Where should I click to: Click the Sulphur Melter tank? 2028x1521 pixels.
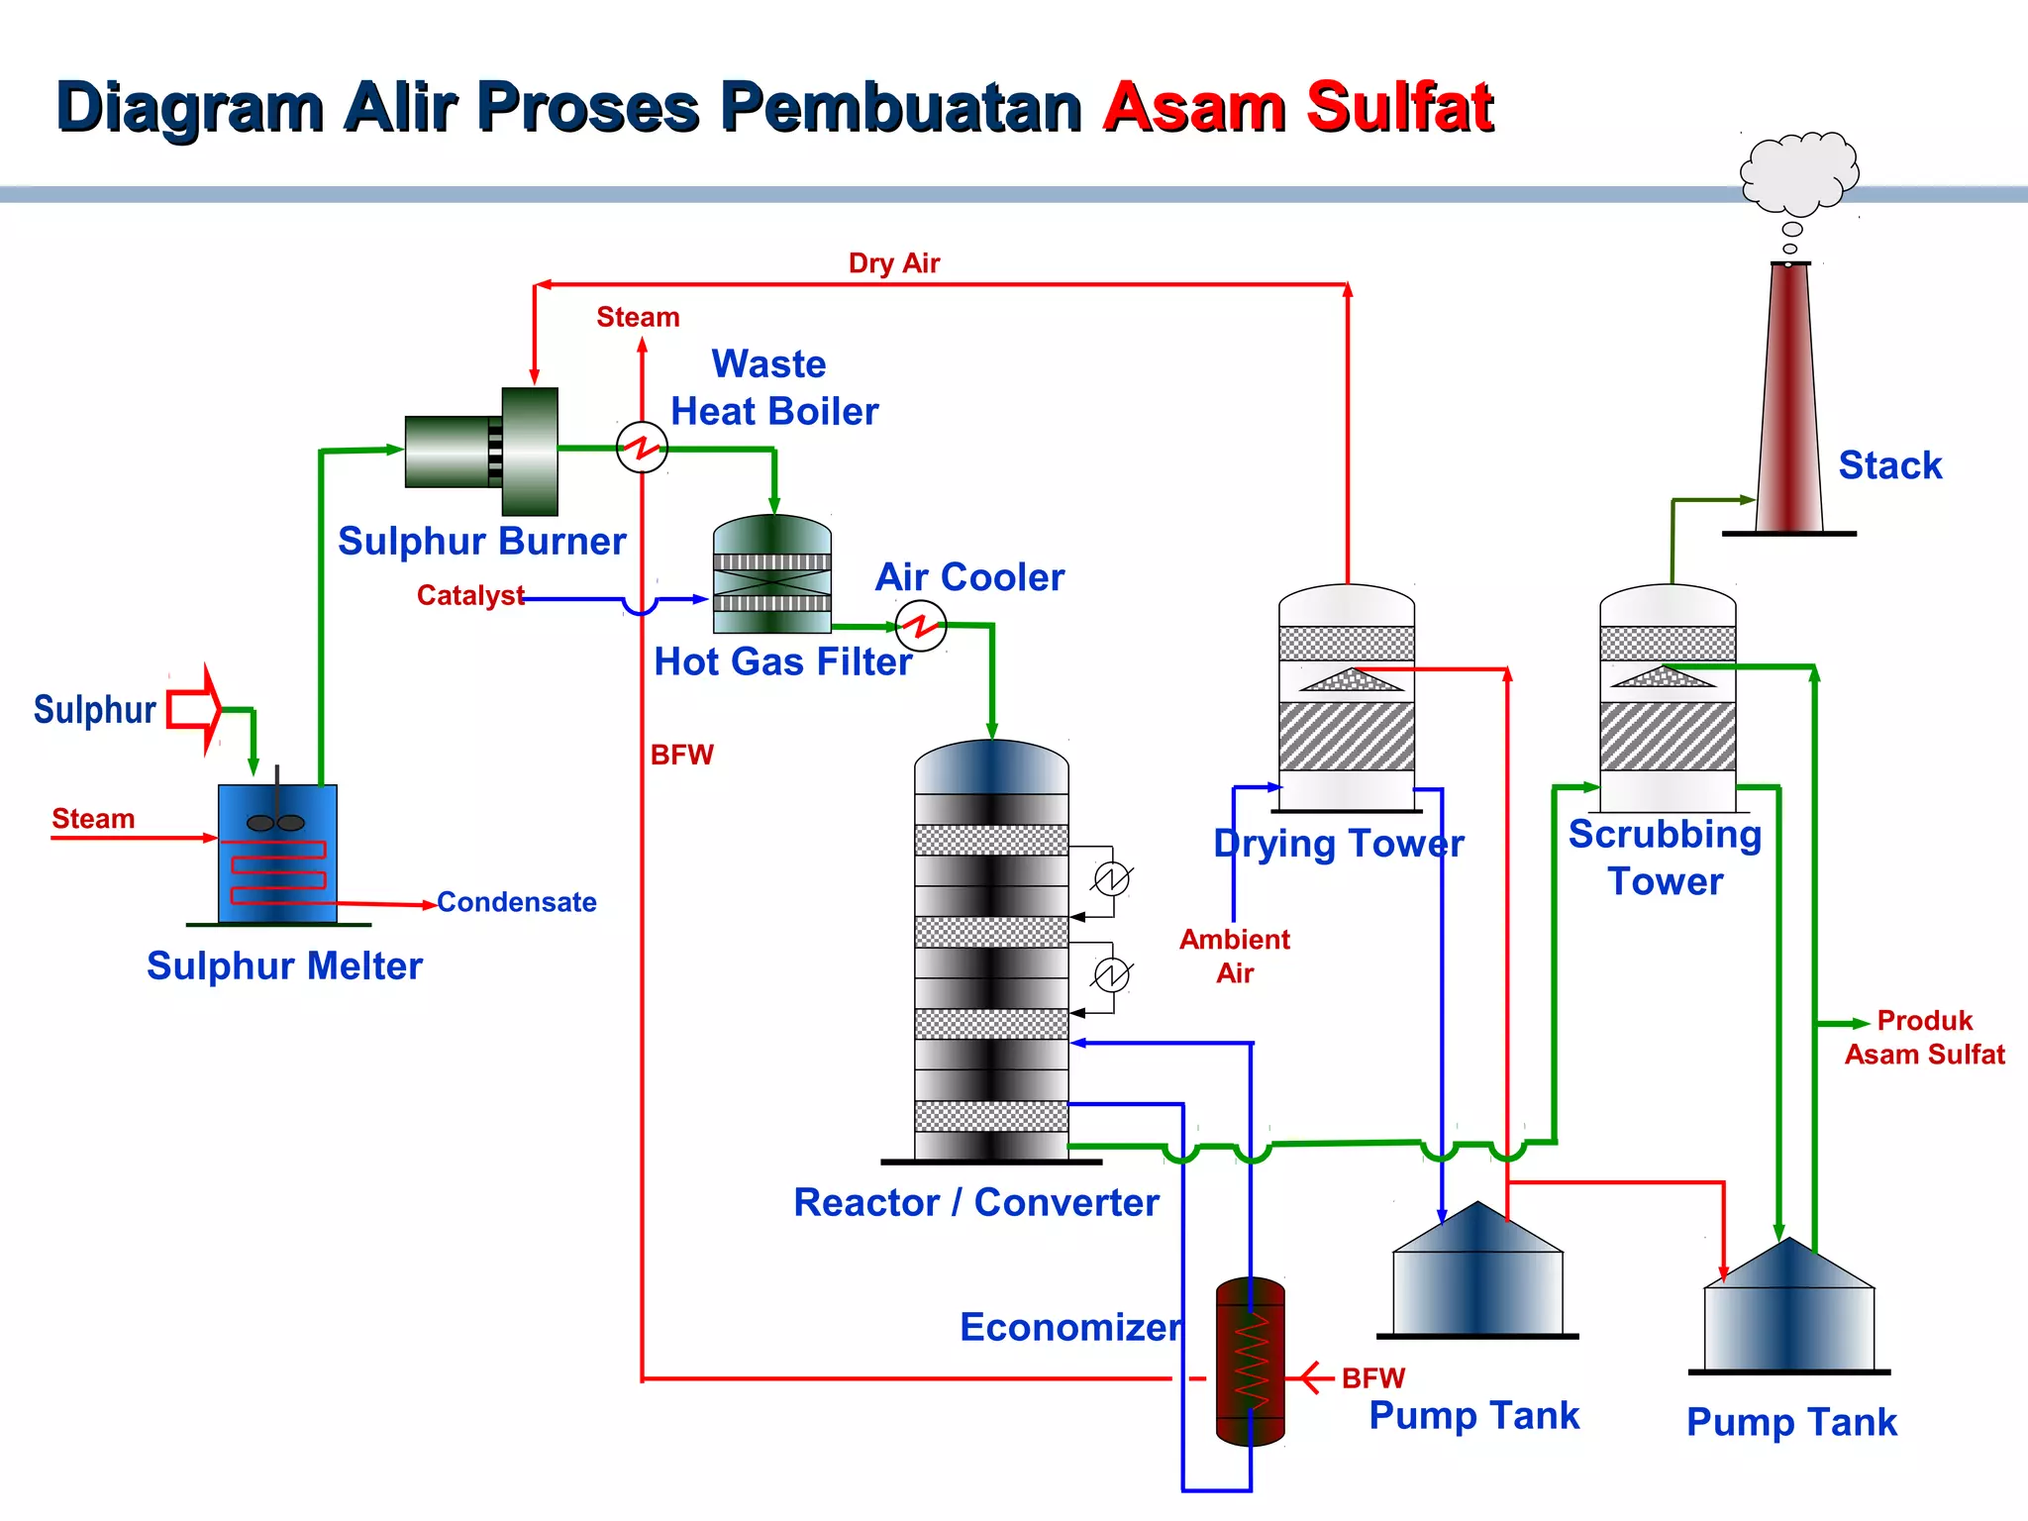click(x=277, y=854)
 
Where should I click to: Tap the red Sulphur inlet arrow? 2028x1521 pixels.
click(x=195, y=710)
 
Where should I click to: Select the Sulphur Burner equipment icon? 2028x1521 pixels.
click(x=482, y=452)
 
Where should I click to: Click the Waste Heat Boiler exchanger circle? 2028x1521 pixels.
click(x=642, y=448)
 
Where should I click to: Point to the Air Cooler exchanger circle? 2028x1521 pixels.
click(x=921, y=626)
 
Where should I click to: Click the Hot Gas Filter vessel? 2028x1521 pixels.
click(x=771, y=575)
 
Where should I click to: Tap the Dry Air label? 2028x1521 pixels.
click(x=893, y=263)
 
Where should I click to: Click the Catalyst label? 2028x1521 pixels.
click(x=469, y=595)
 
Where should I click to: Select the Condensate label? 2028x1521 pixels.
click(x=516, y=902)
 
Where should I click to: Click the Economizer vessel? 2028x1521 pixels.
click(x=1250, y=1362)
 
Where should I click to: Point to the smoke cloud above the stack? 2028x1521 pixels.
click(x=1798, y=173)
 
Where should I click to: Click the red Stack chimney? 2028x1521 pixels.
click(x=1789, y=406)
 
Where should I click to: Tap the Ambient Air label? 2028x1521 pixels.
click(x=1235, y=956)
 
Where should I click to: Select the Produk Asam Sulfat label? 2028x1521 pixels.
click(x=1924, y=1038)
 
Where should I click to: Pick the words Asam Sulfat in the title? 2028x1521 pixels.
click(x=1298, y=107)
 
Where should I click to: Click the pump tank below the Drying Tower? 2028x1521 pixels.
click(x=1476, y=1277)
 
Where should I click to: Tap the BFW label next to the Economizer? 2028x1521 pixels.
click(x=1372, y=1377)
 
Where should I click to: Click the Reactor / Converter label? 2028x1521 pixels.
click(x=975, y=1202)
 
